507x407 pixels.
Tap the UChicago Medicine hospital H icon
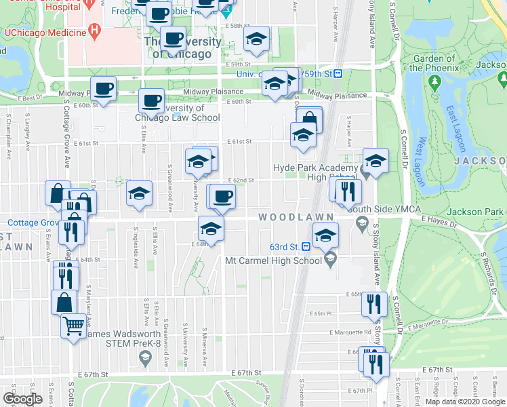(x=95, y=32)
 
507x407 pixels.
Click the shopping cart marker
(x=74, y=326)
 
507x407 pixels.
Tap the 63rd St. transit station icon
(x=306, y=247)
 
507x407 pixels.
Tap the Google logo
(x=22, y=399)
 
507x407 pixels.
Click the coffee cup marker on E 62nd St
(x=222, y=197)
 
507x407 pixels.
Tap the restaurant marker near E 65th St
(x=373, y=305)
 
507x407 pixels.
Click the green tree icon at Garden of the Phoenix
(x=434, y=83)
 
